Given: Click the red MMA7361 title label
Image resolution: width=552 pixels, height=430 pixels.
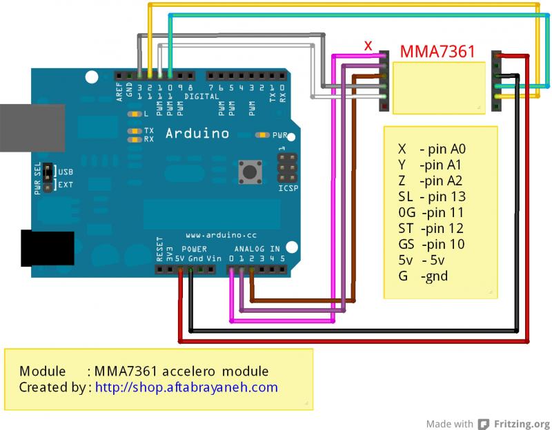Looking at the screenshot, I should pyautogui.click(x=437, y=51).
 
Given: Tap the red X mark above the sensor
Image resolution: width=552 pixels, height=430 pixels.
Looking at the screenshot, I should pyautogui.click(x=368, y=45).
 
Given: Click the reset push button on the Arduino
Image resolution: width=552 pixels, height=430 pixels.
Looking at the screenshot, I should pyautogui.click(x=247, y=170).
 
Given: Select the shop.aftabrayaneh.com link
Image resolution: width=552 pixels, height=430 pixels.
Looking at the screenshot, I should pyautogui.click(x=186, y=387).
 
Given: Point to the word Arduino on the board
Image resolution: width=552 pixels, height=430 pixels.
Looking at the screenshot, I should pyautogui.click(x=197, y=132).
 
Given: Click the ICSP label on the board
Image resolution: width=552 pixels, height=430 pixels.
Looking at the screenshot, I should pyautogui.click(x=288, y=187).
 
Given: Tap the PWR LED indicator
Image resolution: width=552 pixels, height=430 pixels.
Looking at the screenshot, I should pyautogui.click(x=262, y=135).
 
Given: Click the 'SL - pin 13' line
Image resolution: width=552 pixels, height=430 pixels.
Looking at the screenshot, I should pyautogui.click(x=431, y=196).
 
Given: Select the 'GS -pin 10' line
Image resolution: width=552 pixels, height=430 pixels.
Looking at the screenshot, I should pyautogui.click(x=431, y=244).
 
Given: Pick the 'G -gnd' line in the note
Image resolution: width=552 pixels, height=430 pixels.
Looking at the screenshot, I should pyautogui.click(x=422, y=276).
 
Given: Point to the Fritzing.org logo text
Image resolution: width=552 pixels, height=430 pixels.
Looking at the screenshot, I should pyautogui.click(x=522, y=424).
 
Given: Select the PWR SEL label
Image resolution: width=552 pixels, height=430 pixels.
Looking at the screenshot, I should pyautogui.click(x=38, y=178).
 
